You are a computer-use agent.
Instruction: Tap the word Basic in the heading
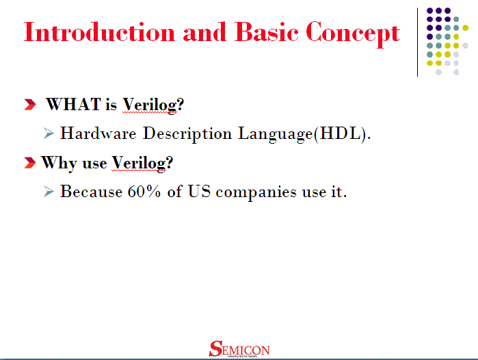(x=263, y=32)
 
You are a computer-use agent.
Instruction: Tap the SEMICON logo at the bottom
(x=239, y=349)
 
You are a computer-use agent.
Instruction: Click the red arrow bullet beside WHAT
(x=30, y=105)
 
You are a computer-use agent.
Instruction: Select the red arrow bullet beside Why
(x=29, y=163)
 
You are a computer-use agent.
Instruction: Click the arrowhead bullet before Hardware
(x=48, y=133)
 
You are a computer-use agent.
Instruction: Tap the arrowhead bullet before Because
(x=48, y=192)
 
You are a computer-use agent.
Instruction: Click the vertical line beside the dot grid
(x=418, y=41)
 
